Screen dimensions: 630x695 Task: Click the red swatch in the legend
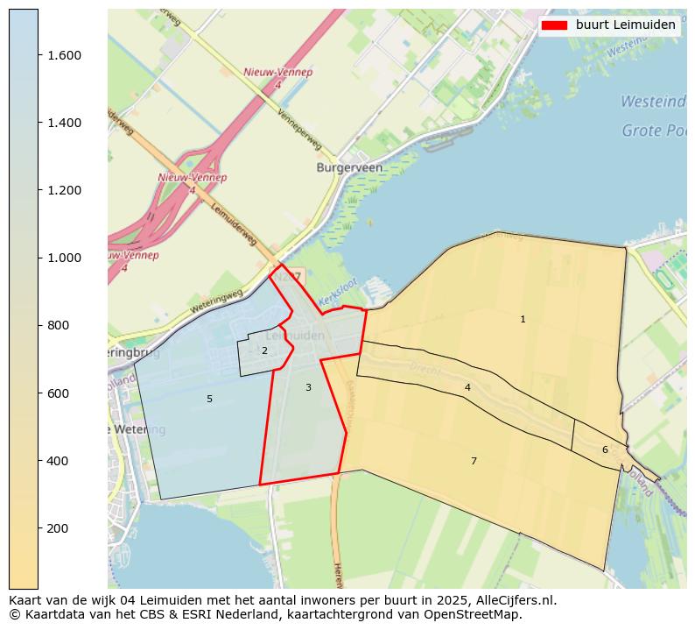point(554,25)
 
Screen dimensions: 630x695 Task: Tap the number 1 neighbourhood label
point(523,320)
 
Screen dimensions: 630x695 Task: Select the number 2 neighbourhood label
point(264,351)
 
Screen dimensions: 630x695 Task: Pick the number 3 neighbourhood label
point(308,387)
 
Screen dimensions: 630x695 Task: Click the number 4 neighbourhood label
point(467,387)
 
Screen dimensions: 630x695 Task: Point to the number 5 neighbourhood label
point(209,400)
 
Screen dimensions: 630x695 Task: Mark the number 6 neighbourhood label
point(605,450)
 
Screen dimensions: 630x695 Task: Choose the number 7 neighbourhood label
point(474,461)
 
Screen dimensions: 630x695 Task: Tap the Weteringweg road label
point(216,301)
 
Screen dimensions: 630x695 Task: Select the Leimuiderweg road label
point(234,225)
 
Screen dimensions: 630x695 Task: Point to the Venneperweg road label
point(299,130)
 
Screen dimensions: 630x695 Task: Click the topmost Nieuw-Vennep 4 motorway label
point(277,78)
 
